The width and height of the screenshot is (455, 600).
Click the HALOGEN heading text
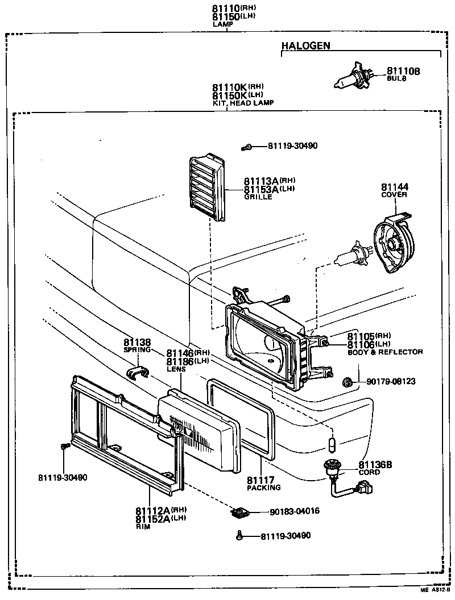[x=305, y=46]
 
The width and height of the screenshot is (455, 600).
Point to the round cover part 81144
[x=394, y=245]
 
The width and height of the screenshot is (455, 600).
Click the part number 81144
[x=395, y=187]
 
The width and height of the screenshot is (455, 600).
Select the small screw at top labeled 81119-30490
[x=247, y=147]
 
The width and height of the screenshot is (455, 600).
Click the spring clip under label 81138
[x=137, y=373]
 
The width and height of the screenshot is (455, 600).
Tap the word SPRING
[x=137, y=350]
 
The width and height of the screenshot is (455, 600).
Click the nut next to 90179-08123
[x=349, y=381]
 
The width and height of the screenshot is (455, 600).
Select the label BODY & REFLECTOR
[x=385, y=352]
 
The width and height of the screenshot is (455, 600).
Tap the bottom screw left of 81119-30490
[x=239, y=535]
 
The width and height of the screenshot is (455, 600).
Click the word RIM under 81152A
[x=142, y=527]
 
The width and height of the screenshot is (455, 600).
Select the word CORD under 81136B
[x=369, y=472]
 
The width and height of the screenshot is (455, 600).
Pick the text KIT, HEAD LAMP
[x=243, y=103]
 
